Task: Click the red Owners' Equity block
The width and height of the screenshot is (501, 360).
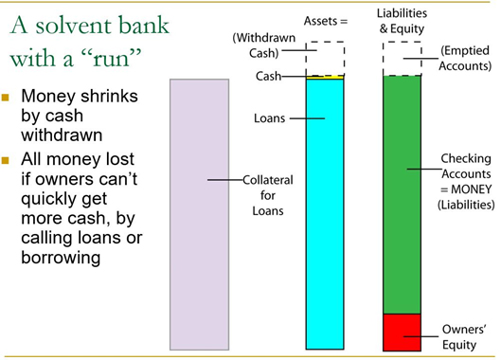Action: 402,333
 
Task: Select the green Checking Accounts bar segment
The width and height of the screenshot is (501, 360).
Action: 402,195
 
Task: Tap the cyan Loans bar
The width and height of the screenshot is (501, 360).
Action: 325,214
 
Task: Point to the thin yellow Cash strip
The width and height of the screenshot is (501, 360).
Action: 325,77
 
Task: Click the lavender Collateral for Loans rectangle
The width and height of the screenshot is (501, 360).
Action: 200,214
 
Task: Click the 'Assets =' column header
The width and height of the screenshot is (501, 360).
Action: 326,21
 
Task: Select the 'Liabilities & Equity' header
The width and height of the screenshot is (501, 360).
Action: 402,21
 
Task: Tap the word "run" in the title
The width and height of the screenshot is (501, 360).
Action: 112,59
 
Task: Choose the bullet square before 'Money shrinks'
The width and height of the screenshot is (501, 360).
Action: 5,97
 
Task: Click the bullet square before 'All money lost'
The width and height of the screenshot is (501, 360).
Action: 5,160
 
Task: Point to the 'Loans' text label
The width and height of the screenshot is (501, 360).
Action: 269,118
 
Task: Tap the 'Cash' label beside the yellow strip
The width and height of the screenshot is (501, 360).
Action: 268,76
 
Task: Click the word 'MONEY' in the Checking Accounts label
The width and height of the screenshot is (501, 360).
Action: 471,189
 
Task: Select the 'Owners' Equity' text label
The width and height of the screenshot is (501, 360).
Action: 464,337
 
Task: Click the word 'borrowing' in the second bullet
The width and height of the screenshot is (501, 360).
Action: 61,258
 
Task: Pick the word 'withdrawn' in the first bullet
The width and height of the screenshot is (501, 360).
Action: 62,135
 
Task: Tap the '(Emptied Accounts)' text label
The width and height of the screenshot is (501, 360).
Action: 465,58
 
